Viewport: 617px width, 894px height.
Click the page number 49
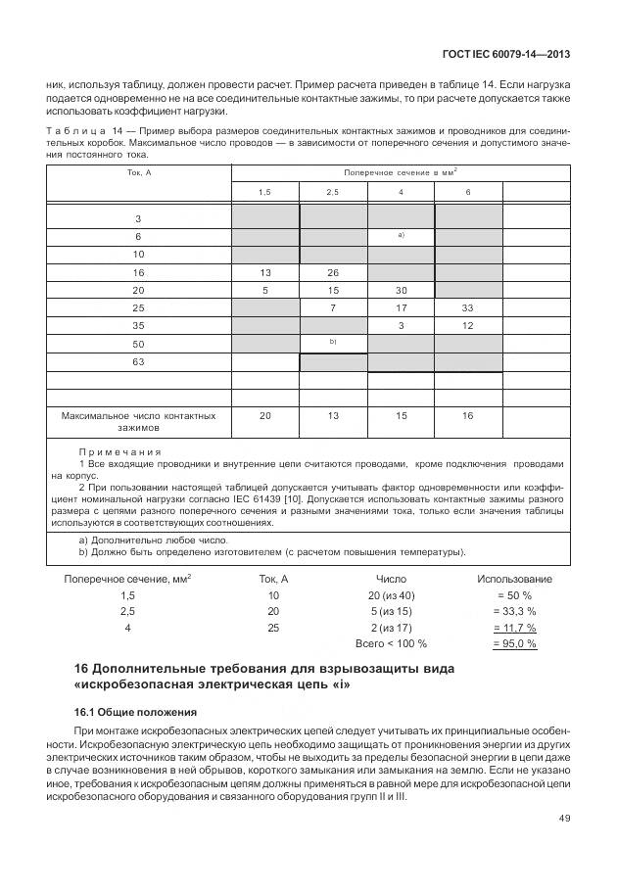564,818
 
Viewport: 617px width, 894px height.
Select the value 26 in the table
333,272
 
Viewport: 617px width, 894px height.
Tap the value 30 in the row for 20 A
401,291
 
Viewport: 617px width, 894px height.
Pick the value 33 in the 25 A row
467,308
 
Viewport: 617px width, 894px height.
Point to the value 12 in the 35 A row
467,326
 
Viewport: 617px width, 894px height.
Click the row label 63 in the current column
138,362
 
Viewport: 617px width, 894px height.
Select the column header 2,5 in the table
333,192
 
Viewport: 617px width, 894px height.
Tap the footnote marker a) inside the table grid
401,235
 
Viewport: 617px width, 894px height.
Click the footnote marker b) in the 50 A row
333,342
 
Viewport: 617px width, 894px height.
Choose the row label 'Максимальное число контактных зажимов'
138,422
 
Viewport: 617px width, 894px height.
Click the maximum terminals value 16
467,416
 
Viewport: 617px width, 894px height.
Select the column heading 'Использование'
514,580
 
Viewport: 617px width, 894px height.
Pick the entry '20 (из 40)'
391,595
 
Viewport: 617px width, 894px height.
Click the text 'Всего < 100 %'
391,643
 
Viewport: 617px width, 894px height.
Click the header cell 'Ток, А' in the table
138,173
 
